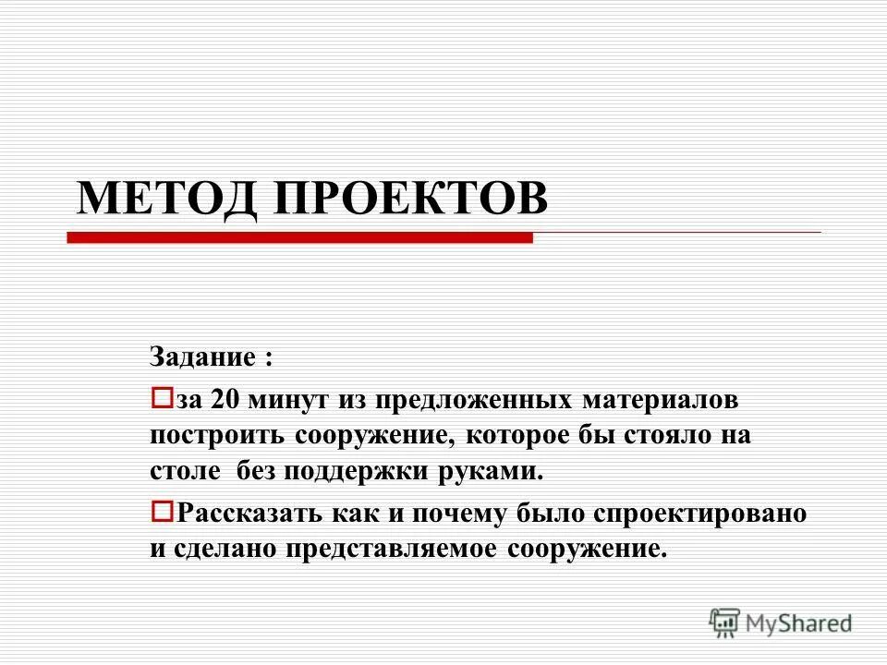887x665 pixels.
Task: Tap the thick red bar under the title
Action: (300, 237)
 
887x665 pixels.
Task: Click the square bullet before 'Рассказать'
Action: (161, 510)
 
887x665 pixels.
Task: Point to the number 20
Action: (225, 401)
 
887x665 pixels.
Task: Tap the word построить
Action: (216, 437)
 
